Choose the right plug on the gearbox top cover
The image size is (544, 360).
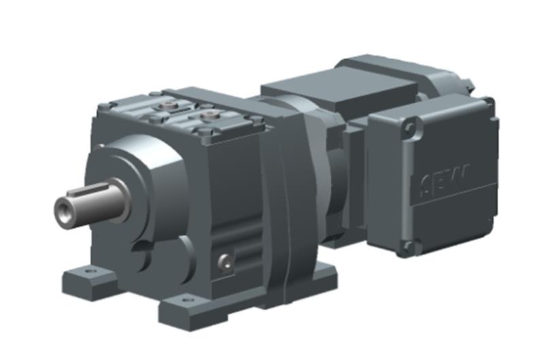208,114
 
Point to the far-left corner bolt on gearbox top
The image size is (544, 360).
103,105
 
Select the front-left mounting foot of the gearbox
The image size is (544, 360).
88,279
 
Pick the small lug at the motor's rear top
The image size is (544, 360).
469,82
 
